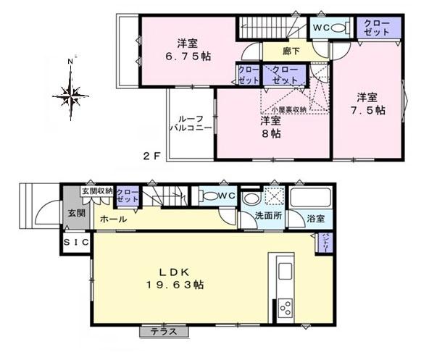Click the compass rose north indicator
tap(70, 92)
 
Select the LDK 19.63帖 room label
tap(172, 280)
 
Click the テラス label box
tap(164, 332)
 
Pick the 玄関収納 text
tap(96, 191)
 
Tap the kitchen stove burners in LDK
tap(284, 306)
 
